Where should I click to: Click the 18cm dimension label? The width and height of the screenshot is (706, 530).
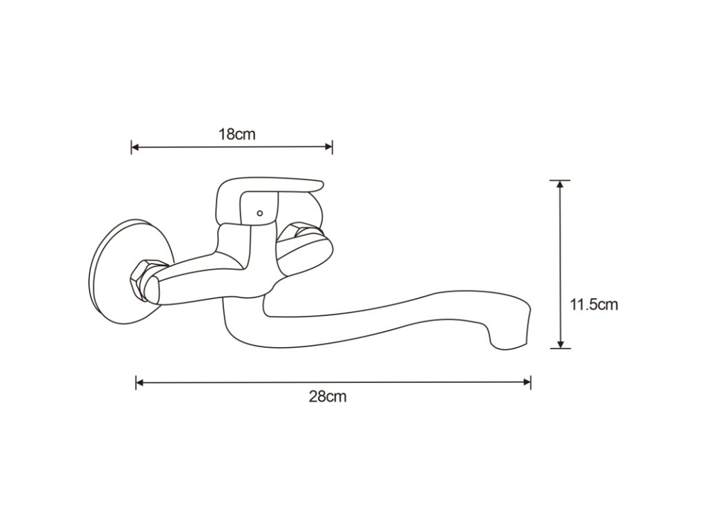point(236,134)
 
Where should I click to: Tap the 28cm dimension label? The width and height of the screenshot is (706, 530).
point(327,397)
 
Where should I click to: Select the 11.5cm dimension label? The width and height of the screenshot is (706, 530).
point(594,304)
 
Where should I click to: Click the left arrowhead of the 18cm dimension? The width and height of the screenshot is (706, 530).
point(135,147)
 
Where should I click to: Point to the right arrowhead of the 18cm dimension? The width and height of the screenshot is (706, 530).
point(329,147)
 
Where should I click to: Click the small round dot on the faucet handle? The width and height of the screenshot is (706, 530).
point(259,213)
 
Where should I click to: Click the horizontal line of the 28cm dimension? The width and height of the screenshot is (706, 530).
point(331,382)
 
